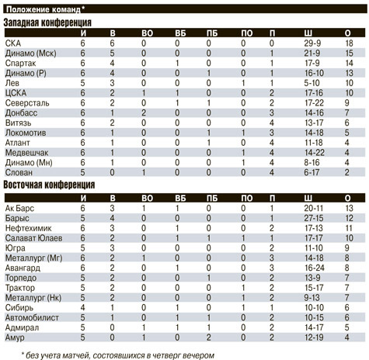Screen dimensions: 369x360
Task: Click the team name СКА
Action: click(13, 43)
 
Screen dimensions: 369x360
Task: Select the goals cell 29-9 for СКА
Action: click(312, 43)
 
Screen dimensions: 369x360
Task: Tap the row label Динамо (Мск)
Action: click(30, 54)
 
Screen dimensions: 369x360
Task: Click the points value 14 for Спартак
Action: click(349, 63)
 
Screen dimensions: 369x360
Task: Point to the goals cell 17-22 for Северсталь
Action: click(314, 103)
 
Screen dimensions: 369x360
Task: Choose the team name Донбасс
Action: click(21, 112)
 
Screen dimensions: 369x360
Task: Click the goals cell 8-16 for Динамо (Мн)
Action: click(312, 162)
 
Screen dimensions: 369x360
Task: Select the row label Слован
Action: click(19, 172)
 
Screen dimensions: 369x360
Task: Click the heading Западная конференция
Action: click(47, 22)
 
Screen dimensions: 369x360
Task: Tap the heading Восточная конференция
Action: click(49, 185)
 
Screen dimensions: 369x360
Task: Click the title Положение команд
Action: click(44, 9)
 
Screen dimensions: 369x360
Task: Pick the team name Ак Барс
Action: click(19, 208)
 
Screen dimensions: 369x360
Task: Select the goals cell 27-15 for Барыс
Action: click(314, 218)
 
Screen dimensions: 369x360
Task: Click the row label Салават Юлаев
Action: click(33, 238)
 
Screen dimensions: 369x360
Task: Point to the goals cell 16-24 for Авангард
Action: click(315, 268)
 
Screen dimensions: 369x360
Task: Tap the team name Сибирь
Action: click(19, 307)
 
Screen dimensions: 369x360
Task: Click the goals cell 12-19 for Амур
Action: click(314, 337)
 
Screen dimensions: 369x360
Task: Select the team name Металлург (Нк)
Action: click(33, 298)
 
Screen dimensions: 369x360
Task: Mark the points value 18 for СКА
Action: click(349, 43)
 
